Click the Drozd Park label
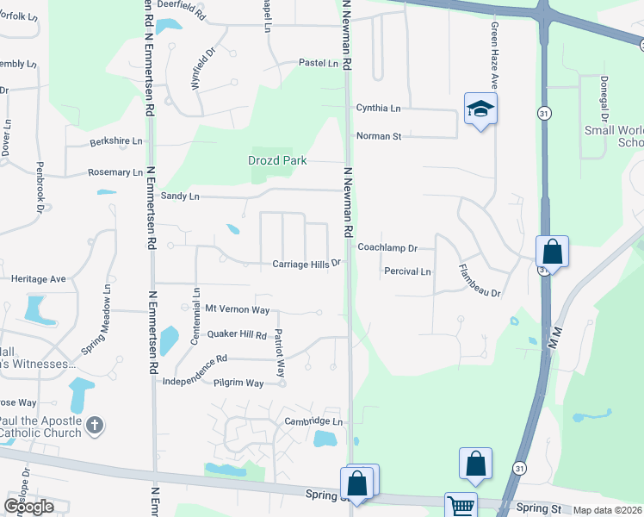point(279,161)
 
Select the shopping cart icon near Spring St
point(461,506)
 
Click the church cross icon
point(96,425)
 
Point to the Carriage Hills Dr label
point(307,264)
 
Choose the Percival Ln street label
point(406,271)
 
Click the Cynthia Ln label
point(378,109)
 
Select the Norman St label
point(379,136)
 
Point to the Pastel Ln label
point(318,63)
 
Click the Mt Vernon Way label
point(237,309)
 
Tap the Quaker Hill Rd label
point(236,334)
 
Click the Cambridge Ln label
point(313,421)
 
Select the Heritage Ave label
point(38,279)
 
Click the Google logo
point(29,507)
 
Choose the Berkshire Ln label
point(116,140)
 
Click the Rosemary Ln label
point(115,172)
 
